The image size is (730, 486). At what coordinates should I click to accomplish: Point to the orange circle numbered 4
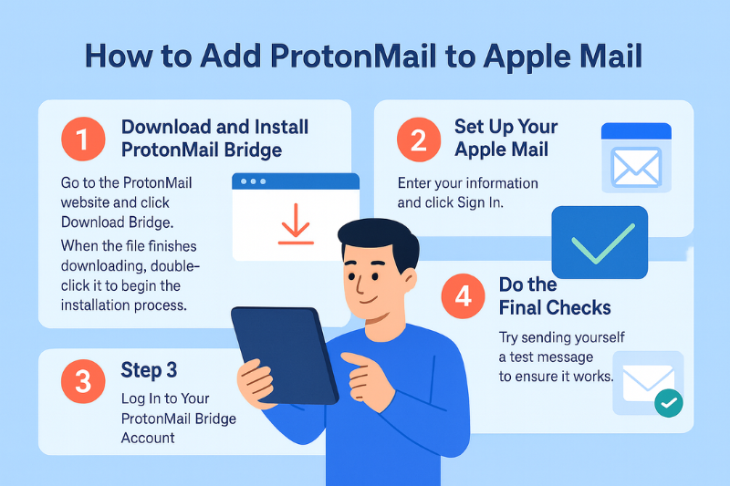pyautogui.click(x=462, y=296)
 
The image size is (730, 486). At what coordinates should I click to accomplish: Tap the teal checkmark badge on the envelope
pyautogui.click(x=669, y=401)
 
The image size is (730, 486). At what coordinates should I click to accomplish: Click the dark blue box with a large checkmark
pyautogui.click(x=600, y=242)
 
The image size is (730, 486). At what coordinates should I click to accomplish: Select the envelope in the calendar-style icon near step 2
pyautogui.click(x=636, y=168)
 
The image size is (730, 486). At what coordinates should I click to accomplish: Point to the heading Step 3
pyautogui.click(x=149, y=370)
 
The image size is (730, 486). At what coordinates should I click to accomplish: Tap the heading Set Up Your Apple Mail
pyautogui.click(x=506, y=138)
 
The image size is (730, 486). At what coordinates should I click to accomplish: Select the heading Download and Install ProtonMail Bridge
pyautogui.click(x=215, y=138)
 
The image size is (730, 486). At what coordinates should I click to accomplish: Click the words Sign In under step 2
pyautogui.click(x=484, y=202)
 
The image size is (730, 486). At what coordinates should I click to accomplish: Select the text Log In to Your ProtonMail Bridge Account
pyautogui.click(x=179, y=418)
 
